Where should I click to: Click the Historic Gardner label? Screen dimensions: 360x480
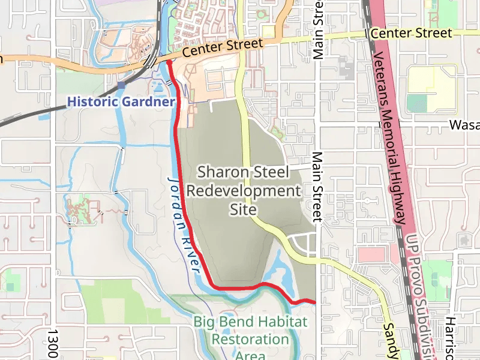click(121, 102)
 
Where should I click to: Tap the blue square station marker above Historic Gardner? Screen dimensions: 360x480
click(122, 85)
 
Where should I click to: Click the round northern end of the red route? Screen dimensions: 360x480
click(169, 62)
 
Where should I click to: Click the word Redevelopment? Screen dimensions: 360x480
click(243, 191)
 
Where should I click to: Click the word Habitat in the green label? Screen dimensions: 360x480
click(280, 322)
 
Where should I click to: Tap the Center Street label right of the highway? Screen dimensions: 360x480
click(411, 33)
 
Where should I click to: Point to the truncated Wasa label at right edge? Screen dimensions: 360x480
click(465, 125)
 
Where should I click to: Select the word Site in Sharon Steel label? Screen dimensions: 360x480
click(243, 210)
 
